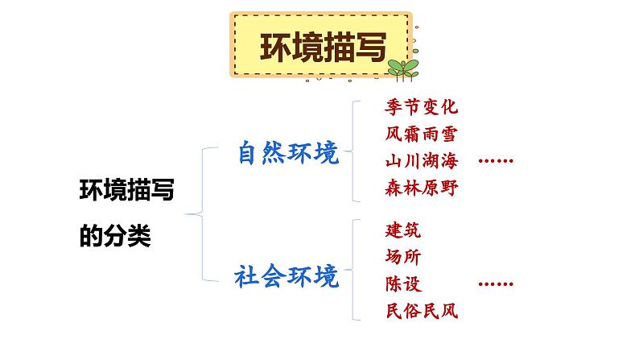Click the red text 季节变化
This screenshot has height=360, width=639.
tap(420, 106)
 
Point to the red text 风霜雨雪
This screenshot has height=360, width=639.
tap(420, 134)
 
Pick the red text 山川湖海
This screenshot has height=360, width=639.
tap(420, 160)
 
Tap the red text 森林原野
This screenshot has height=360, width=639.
tap(420, 188)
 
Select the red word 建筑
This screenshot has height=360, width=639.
tap(403, 230)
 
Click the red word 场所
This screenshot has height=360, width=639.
tap(403, 257)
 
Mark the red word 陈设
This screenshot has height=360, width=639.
tap(403, 283)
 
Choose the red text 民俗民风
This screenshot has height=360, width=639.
tap(420, 311)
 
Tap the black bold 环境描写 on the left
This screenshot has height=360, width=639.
tap(128, 192)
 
